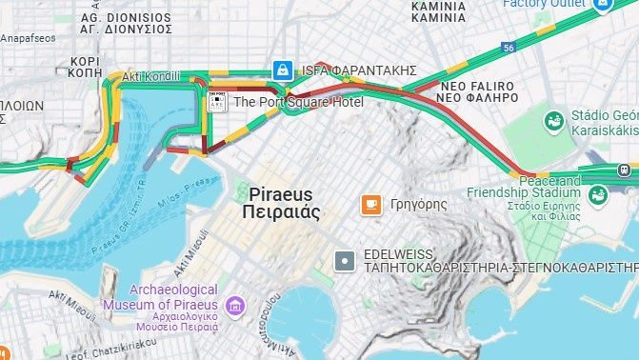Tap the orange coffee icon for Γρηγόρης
[370, 204]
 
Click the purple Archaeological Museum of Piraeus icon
[234, 307]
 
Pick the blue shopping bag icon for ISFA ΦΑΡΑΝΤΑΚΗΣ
[282, 70]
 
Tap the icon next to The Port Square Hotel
[217, 100]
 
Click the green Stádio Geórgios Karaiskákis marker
[553, 121]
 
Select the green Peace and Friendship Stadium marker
[598, 196]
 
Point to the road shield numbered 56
[509, 47]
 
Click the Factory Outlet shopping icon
[602, 5]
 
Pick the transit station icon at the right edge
[624, 170]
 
